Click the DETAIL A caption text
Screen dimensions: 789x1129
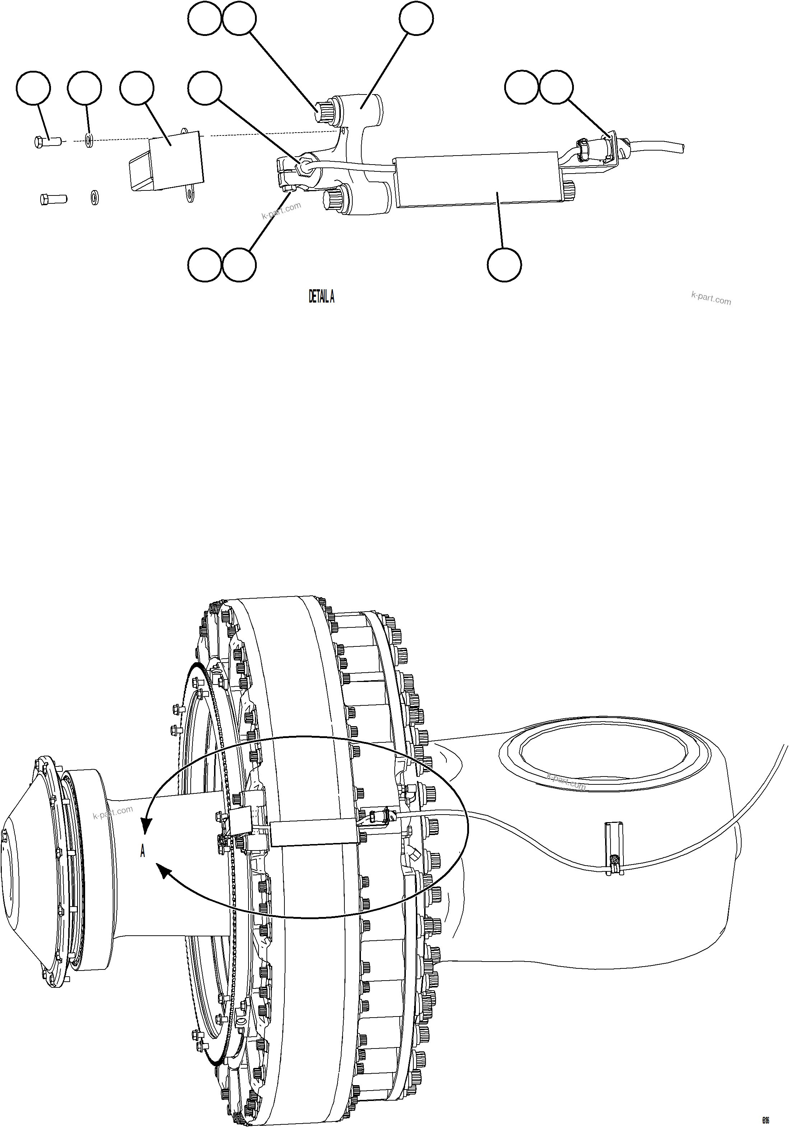pyautogui.click(x=321, y=297)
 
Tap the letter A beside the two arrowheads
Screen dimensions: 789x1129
pyautogui.click(x=143, y=851)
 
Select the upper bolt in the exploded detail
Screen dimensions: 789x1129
pyautogui.click(x=47, y=142)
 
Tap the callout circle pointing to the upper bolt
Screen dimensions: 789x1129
pyautogui.click(x=33, y=88)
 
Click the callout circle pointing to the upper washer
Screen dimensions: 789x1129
pyautogui.click(x=84, y=88)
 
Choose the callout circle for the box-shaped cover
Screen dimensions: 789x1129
pyautogui.click(x=137, y=88)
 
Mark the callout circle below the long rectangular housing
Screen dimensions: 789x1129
pyautogui.click(x=504, y=265)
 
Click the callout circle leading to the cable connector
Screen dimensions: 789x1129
pyautogui.click(x=556, y=88)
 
